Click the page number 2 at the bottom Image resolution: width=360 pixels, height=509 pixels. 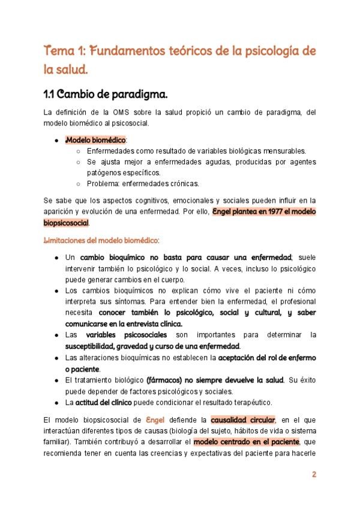tap(314, 474)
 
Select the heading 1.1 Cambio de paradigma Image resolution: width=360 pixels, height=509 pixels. tap(106, 94)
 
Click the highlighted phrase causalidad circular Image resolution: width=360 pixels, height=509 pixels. tap(243, 420)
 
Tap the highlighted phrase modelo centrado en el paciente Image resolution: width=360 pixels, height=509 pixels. tap(246, 442)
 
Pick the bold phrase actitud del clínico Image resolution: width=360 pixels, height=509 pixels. tap(106, 402)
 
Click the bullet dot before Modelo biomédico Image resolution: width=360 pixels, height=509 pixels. tap(56, 140)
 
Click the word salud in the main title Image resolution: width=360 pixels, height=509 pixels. tap(73, 70)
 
